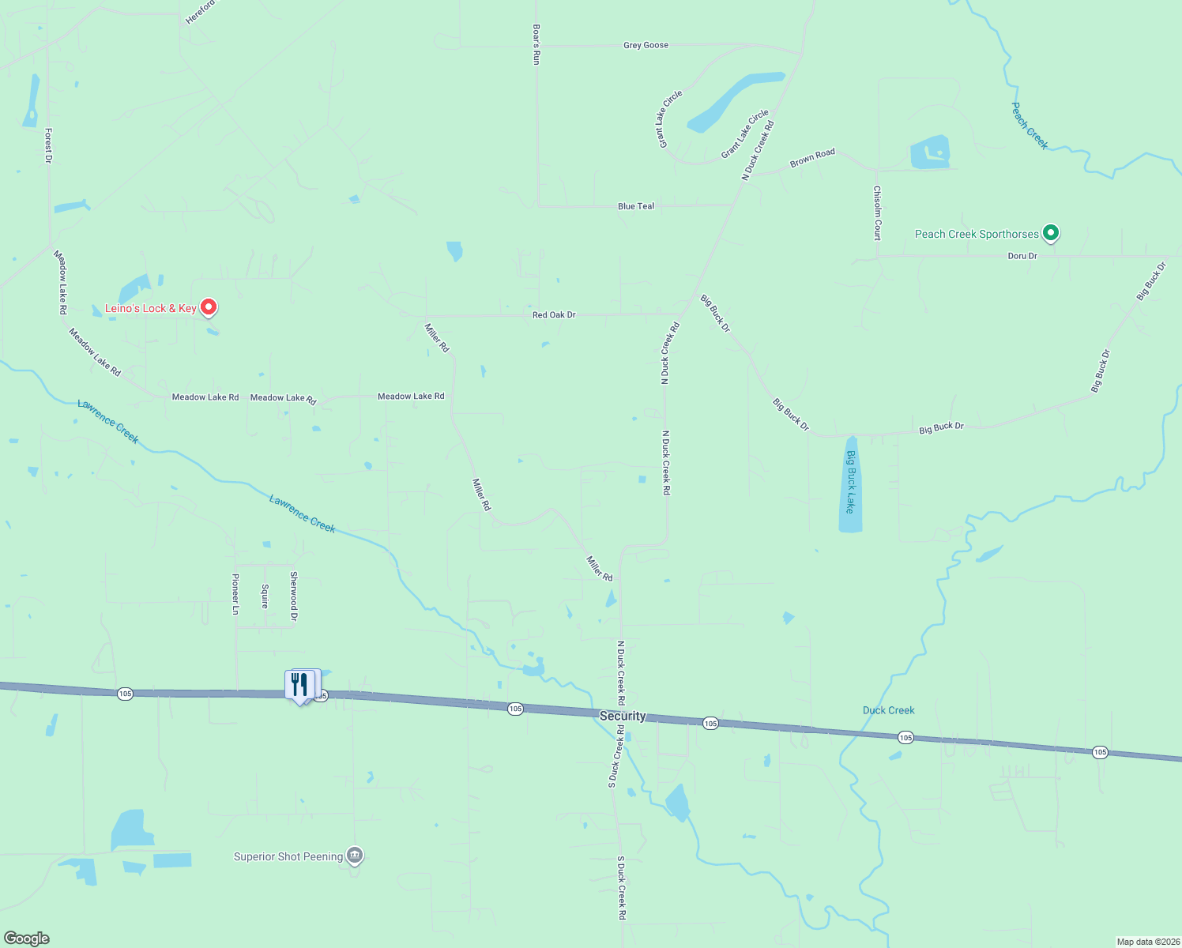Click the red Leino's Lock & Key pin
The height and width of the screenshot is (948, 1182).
click(209, 307)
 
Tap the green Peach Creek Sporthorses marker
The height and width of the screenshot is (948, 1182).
click(1050, 233)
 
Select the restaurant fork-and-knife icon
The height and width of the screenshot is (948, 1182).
click(299, 684)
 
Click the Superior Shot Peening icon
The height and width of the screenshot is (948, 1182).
click(355, 855)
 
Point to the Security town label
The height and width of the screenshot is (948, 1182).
click(623, 716)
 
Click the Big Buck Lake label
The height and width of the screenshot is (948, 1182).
click(850, 482)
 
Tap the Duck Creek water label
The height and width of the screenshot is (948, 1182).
click(888, 710)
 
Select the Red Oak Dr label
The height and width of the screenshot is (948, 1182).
click(554, 314)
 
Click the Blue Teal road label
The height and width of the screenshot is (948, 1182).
click(636, 206)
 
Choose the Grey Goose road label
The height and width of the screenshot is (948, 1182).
click(646, 45)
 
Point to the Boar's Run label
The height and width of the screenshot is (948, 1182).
click(536, 44)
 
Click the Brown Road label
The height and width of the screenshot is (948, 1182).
click(812, 158)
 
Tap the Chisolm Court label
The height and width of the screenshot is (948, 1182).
click(877, 213)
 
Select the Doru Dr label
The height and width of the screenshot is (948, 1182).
click(1022, 256)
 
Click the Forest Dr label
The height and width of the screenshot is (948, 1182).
click(48, 145)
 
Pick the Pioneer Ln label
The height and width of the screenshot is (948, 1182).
click(235, 593)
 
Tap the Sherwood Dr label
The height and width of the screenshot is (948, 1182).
click(294, 596)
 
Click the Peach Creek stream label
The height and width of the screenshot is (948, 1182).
click(1030, 126)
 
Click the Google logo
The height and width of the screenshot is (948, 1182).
click(27, 939)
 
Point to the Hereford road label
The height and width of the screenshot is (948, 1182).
click(200, 13)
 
